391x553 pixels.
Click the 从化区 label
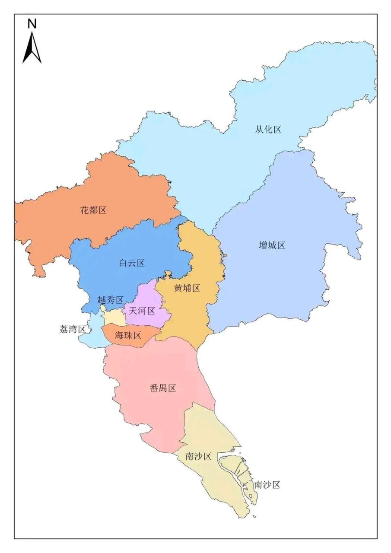[x=268, y=129]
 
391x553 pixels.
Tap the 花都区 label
[x=93, y=210]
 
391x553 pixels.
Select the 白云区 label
[x=132, y=263]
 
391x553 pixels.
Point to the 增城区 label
[x=272, y=245]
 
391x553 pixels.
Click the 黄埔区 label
[x=187, y=288]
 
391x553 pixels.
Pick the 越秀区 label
[x=111, y=300]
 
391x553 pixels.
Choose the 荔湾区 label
[x=72, y=329]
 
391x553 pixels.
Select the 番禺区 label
[x=163, y=388]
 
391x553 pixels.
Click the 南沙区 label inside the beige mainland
[x=198, y=456]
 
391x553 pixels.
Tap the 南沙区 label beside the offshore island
[x=267, y=484]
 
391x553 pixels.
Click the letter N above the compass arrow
[x=32, y=24]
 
